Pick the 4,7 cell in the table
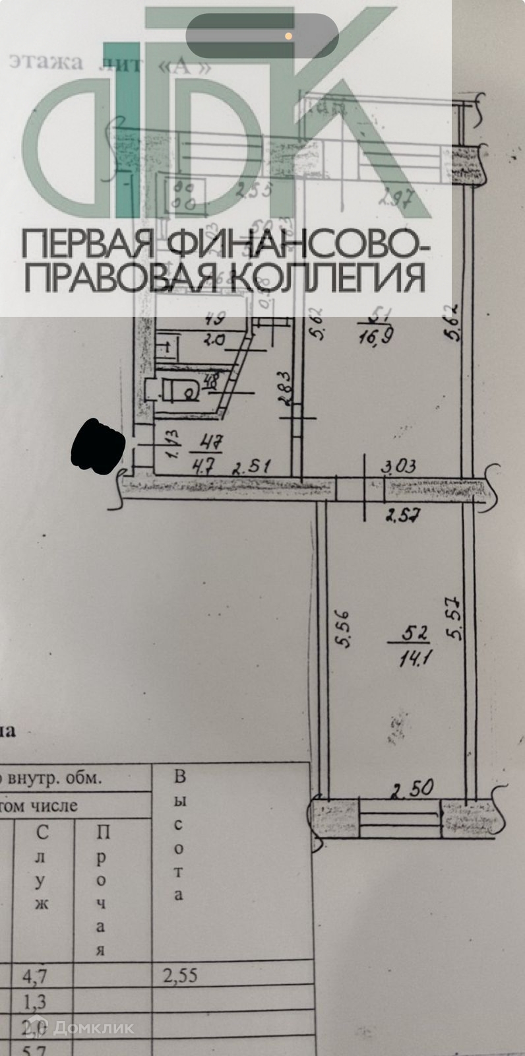point(42,975)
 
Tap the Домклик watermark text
point(94,1027)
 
